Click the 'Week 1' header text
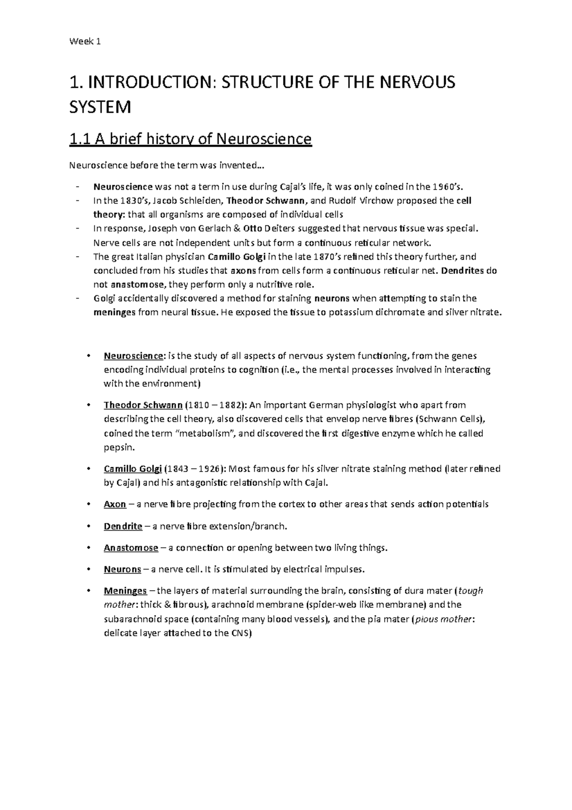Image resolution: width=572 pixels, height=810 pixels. pos(85,42)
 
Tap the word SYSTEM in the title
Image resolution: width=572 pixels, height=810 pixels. pos(100,107)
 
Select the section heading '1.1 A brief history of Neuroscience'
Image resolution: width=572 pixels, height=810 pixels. pos(190,139)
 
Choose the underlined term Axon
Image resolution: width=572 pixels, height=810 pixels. pos(115,504)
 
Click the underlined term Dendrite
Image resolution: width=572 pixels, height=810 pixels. pos(123,526)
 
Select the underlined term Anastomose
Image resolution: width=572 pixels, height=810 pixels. pos(131,548)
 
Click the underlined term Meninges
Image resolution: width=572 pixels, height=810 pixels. pos(125,591)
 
